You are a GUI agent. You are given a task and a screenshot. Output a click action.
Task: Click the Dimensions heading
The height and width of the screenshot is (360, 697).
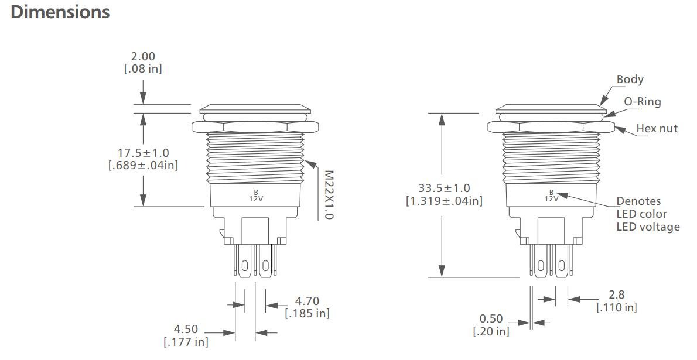point(60,12)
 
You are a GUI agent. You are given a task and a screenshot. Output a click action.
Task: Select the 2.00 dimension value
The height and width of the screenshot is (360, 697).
point(143,56)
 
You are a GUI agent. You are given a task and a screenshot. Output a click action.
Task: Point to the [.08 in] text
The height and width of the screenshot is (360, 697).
point(143,68)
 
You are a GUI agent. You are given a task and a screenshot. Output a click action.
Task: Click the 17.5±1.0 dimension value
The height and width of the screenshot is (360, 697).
point(143,153)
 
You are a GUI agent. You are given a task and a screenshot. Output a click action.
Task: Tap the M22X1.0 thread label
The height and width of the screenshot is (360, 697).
point(329,195)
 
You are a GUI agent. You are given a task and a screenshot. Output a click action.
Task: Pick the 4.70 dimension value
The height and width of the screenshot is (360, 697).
point(307,301)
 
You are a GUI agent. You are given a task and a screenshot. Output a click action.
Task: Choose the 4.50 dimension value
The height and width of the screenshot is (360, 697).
point(186,329)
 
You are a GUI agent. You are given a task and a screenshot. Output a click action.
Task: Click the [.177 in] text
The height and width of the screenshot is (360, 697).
point(186,342)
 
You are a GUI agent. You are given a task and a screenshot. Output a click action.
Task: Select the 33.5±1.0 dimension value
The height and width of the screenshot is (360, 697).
point(444,188)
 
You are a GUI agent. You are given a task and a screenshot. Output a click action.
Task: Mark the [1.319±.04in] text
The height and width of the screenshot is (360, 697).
point(444,201)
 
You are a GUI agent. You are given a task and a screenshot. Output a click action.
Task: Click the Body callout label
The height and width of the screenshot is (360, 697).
point(630,79)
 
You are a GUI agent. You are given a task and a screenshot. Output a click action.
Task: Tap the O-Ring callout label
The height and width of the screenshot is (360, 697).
point(642,101)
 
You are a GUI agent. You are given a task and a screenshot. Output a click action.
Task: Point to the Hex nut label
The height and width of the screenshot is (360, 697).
point(657,128)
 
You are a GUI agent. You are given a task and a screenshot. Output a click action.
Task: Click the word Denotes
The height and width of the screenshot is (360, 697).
point(638,201)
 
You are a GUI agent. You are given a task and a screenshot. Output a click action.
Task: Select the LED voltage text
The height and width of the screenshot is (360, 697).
point(648,227)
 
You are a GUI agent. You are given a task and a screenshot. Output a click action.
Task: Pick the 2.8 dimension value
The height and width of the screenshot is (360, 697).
point(617,294)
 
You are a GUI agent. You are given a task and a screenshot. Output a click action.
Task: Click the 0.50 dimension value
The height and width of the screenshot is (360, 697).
point(491,318)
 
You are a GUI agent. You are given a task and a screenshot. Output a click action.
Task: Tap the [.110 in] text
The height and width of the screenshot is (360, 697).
point(617,307)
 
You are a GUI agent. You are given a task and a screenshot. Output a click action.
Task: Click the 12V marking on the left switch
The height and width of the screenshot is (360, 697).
point(255,198)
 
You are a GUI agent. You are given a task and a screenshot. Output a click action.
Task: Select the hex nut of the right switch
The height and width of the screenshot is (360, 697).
point(551,126)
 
